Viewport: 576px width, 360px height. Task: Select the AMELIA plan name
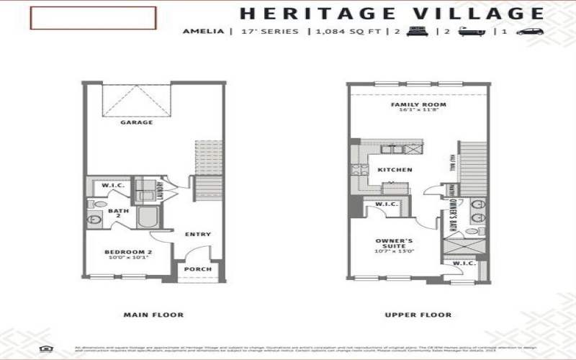(x=202, y=32)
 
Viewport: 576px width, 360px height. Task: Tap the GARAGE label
(x=136, y=122)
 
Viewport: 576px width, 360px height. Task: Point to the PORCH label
(x=198, y=269)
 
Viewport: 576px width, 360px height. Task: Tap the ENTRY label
(x=198, y=234)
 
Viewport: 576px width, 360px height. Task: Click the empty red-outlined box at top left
(x=93, y=18)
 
